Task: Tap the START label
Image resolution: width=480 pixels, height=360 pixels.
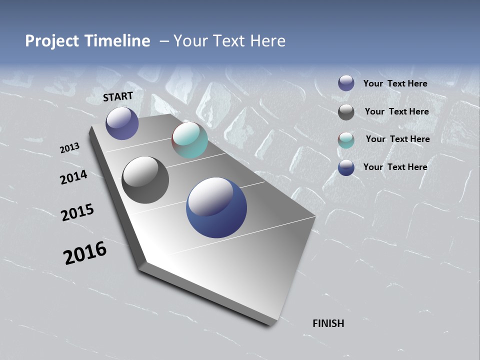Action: pyautogui.click(x=118, y=96)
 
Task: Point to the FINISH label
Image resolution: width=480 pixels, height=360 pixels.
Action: pyautogui.click(x=328, y=323)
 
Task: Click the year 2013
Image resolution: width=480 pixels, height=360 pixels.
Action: pyautogui.click(x=69, y=148)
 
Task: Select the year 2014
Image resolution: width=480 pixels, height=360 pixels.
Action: pyautogui.click(x=73, y=177)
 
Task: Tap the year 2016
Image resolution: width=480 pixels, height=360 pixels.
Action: pyautogui.click(x=84, y=253)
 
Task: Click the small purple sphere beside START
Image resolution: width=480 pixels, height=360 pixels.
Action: pyautogui.click(x=122, y=123)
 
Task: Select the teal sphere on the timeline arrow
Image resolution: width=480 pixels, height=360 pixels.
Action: pyautogui.click(x=189, y=140)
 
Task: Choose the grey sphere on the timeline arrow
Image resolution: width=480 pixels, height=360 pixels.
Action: pyautogui.click(x=145, y=180)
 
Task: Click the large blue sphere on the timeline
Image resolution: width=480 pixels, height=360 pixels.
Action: pyautogui.click(x=216, y=207)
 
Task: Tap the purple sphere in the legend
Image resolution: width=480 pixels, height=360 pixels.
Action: pyautogui.click(x=346, y=83)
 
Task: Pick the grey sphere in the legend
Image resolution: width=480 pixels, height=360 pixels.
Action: pyautogui.click(x=346, y=112)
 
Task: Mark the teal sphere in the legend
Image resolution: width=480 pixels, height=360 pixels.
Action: pyautogui.click(x=346, y=140)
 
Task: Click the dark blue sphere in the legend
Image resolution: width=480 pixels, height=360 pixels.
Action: pyautogui.click(x=346, y=167)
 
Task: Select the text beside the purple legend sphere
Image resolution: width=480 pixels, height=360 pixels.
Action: pyautogui.click(x=395, y=83)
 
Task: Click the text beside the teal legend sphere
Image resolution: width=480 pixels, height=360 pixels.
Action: pyautogui.click(x=397, y=139)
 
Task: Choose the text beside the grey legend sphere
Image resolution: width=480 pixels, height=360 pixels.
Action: pyautogui.click(x=396, y=111)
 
